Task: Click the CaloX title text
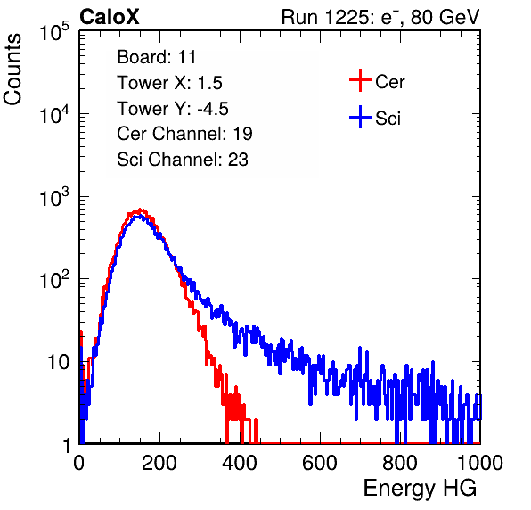click(x=109, y=17)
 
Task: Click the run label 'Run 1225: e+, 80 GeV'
click(x=380, y=17)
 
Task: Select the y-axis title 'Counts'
click(x=12, y=70)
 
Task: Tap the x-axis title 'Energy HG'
click(x=420, y=488)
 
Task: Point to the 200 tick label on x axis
click(x=159, y=463)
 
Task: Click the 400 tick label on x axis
click(x=240, y=463)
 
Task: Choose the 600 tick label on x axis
click(x=320, y=463)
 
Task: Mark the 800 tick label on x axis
click(x=400, y=463)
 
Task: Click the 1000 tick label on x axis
click(x=480, y=463)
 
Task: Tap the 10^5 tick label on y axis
click(x=54, y=31)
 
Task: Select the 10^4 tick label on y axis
click(x=54, y=113)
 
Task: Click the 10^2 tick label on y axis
click(x=54, y=279)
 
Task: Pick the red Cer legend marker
click(x=360, y=80)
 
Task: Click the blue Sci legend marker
click(x=360, y=118)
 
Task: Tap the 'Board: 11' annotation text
click(x=157, y=57)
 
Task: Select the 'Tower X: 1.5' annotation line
click(x=169, y=83)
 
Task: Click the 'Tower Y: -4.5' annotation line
click(x=173, y=109)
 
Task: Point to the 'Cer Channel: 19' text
click(x=184, y=134)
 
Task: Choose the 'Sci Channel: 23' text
click(x=183, y=160)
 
